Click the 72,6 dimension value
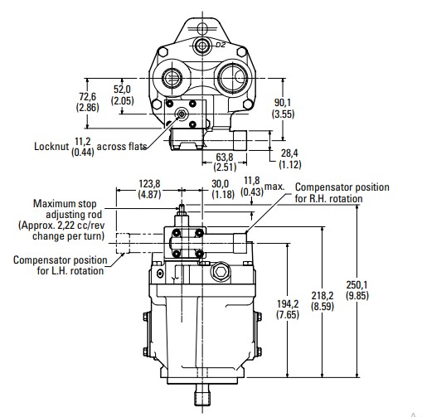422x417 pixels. (88, 97)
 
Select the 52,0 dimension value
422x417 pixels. (122, 90)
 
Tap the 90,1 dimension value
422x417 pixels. (283, 103)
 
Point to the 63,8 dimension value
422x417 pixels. (225, 157)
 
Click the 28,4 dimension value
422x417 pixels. (289, 153)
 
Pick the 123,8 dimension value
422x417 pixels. (149, 184)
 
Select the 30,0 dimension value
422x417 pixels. (221, 184)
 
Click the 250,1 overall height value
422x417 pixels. (357, 285)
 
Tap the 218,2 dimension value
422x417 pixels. (323, 296)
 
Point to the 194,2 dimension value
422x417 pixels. (288, 304)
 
